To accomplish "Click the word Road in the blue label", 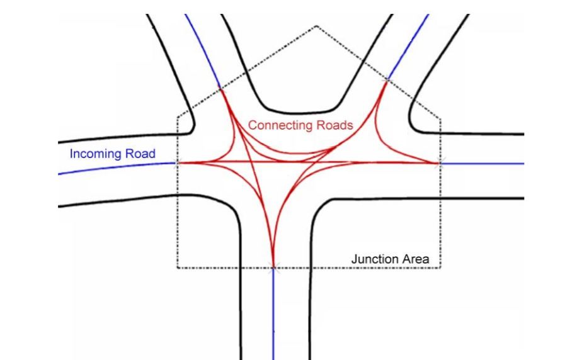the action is pyautogui.click(x=140, y=154).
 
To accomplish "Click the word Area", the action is pyautogui.click(x=417, y=259).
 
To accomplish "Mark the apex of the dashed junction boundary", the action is pyautogui.click(x=316, y=26).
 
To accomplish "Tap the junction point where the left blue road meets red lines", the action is pyautogui.click(x=177, y=163).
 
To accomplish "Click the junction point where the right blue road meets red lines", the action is pyautogui.click(x=440, y=164).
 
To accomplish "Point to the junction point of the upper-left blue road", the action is pyautogui.click(x=220, y=89).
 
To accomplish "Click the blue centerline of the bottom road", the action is pyautogui.click(x=273, y=315).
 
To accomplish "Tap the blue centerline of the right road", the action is pyautogui.click(x=485, y=164).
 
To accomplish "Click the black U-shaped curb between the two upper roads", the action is pyautogui.click(x=296, y=107).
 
